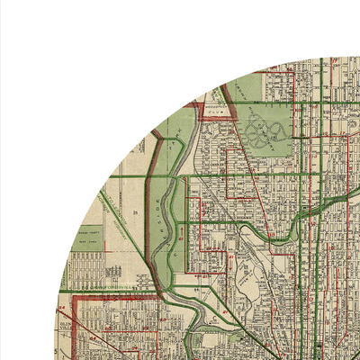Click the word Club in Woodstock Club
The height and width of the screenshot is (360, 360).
pos(214,115)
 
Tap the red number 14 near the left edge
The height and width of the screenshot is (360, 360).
pos(63,310)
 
